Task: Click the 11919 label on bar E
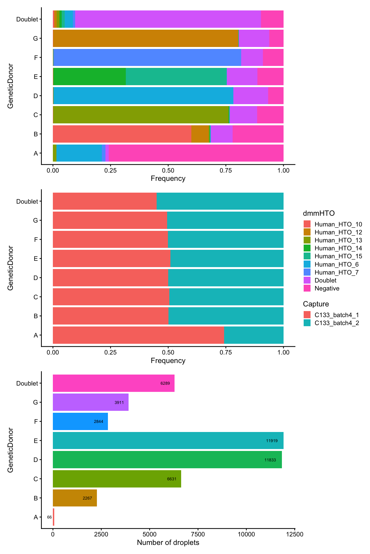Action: [271, 441]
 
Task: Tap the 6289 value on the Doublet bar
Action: [165, 383]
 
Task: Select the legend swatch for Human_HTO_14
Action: [307, 248]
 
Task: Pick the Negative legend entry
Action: [327, 288]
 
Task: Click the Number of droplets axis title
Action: [168, 542]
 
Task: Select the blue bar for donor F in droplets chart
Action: [80, 421]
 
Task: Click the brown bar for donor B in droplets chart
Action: [75, 498]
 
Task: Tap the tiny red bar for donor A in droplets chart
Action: [53, 517]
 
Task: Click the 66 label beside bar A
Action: [49, 517]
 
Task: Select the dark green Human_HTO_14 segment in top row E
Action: [89, 76]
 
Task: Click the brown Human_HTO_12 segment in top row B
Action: [200, 134]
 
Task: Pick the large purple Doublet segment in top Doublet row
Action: [168, 19]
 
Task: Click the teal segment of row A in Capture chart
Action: [254, 335]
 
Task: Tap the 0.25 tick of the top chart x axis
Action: [110, 170]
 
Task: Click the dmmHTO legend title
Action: [319, 213]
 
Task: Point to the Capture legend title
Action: [316, 304]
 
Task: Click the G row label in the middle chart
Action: [35, 220]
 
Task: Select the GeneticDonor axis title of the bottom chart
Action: [10, 450]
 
